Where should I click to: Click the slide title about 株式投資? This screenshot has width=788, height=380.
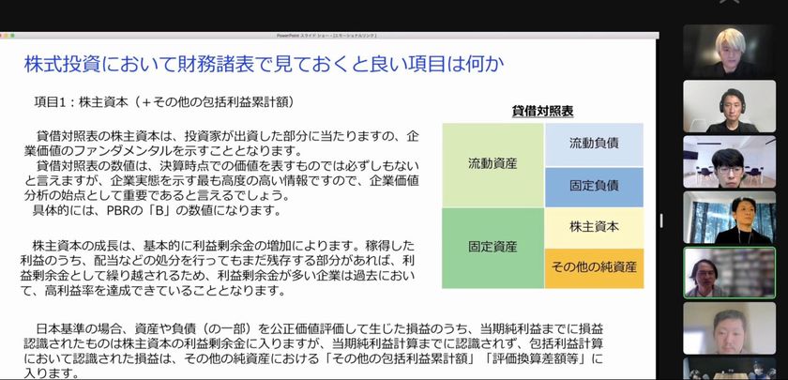click(264, 65)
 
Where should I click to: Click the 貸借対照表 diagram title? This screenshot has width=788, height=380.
click(542, 111)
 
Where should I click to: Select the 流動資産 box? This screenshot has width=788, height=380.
click(492, 165)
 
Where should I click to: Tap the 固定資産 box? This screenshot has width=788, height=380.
click(492, 248)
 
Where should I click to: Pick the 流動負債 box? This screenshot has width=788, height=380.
click(594, 144)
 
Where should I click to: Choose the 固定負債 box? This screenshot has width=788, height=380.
click(594, 187)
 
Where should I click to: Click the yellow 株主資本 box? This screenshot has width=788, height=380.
click(594, 228)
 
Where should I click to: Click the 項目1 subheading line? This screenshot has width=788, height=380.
click(164, 102)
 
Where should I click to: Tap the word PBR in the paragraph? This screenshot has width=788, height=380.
click(118, 210)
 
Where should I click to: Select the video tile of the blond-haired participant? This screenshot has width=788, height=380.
click(729, 52)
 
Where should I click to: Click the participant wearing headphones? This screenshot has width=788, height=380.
click(729, 107)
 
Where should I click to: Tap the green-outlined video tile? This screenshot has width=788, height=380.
click(729, 272)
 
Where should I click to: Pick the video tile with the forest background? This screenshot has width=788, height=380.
click(729, 217)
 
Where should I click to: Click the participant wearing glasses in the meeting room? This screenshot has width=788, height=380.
click(729, 161)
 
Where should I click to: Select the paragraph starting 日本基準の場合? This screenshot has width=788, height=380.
click(313, 351)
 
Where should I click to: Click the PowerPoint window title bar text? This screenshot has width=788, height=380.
click(326, 36)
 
